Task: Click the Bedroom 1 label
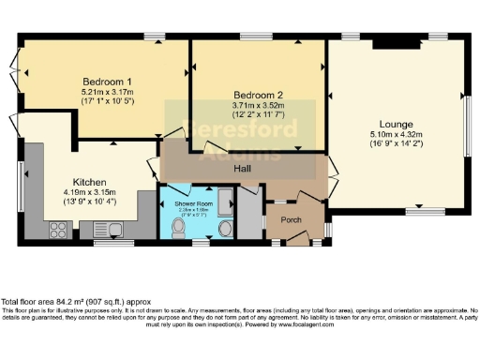pyautogui.click(x=105, y=82)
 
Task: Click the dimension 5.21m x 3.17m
pyautogui.click(x=105, y=92)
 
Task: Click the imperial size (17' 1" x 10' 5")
pyautogui.click(x=105, y=101)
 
